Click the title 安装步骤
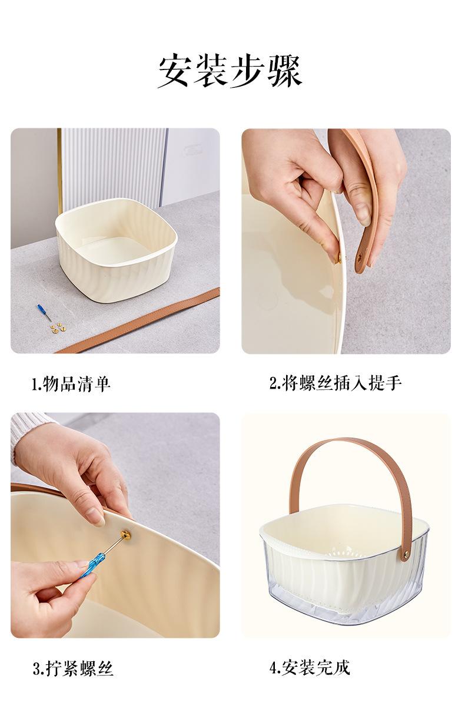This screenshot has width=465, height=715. pyautogui.click(x=230, y=71)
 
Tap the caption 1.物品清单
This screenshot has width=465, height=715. pyautogui.click(x=71, y=385)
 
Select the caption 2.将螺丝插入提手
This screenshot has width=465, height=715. pyautogui.click(x=335, y=383)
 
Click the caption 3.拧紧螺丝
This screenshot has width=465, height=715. pyautogui.click(x=73, y=668)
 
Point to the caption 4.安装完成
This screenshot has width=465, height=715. pyautogui.click(x=310, y=667)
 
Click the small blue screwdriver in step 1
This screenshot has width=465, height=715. pyautogui.click(x=44, y=312)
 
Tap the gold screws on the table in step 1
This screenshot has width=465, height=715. pyautogui.click(x=57, y=327)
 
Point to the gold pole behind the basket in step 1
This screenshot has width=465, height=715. pyautogui.click(x=59, y=171)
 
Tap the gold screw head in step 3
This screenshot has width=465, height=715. pyautogui.click(x=125, y=535)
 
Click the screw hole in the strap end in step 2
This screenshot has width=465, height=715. pyautogui.click(x=358, y=257)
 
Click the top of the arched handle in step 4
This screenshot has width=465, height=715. pyautogui.click(x=347, y=442)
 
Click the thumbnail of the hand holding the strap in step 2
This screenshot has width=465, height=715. pyautogui.click(x=346, y=241)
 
